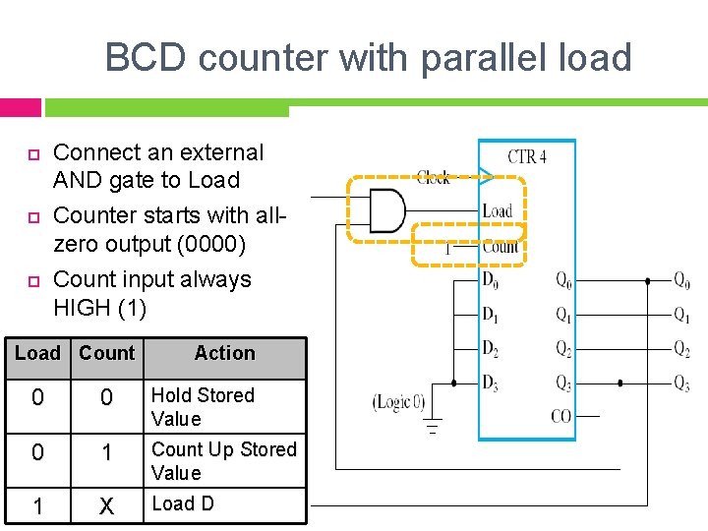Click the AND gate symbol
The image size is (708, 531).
(x=386, y=210)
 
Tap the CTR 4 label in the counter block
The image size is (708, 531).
(x=527, y=156)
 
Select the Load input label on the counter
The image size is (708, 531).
(x=498, y=210)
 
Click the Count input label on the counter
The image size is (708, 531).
(x=501, y=247)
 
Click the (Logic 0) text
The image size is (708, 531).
(x=399, y=401)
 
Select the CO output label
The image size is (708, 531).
(x=560, y=417)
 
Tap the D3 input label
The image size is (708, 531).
(x=490, y=383)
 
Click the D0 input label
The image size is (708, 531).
(x=490, y=280)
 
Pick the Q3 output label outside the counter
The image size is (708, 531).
(x=681, y=383)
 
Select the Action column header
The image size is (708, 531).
(x=224, y=353)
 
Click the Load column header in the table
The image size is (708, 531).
(x=37, y=353)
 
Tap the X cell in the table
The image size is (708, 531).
(x=106, y=506)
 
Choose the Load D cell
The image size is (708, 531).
(x=182, y=503)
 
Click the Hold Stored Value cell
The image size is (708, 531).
(x=202, y=407)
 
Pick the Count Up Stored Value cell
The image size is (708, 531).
(x=223, y=460)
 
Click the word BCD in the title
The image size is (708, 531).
(x=147, y=58)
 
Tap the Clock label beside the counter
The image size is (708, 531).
(x=433, y=177)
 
